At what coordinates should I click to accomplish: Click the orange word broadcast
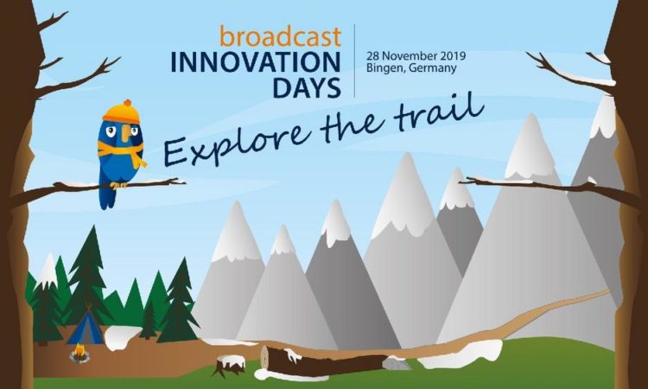(281, 36)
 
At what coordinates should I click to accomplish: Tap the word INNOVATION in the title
(256, 62)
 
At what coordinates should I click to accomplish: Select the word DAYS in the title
(307, 87)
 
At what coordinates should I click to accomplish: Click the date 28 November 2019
(416, 55)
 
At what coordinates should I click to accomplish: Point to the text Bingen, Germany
(411, 68)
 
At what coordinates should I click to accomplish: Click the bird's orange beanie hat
(121, 112)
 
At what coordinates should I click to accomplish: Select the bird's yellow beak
(125, 133)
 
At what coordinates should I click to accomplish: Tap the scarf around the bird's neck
(123, 152)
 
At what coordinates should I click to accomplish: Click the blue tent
(86, 328)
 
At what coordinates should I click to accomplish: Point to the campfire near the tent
(79, 354)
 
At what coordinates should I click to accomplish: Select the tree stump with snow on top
(229, 366)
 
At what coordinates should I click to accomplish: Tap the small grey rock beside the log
(396, 364)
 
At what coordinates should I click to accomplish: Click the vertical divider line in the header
(354, 61)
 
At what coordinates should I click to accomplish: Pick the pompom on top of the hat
(127, 103)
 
